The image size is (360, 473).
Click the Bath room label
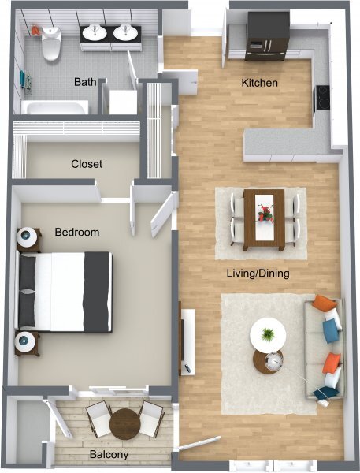[85, 82]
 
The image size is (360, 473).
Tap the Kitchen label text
[260, 83]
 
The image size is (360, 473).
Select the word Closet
[87, 164]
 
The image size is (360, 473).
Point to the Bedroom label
[77, 232]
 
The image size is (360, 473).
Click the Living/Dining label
[258, 274]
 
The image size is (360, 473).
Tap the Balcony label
[109, 454]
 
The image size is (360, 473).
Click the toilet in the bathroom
[51, 43]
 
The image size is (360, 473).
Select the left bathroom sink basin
[95, 32]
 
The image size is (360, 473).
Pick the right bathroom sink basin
[125, 32]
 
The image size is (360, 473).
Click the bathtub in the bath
[54, 107]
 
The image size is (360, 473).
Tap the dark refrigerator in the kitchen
[266, 36]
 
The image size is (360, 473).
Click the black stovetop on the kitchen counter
[321, 98]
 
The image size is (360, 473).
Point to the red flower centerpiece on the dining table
[265, 214]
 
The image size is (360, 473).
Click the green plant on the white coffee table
[268, 334]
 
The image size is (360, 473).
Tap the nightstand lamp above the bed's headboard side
[27, 236]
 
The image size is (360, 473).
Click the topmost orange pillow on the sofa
[323, 303]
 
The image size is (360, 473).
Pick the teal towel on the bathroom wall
[23, 79]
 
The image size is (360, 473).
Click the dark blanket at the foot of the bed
[97, 292]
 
